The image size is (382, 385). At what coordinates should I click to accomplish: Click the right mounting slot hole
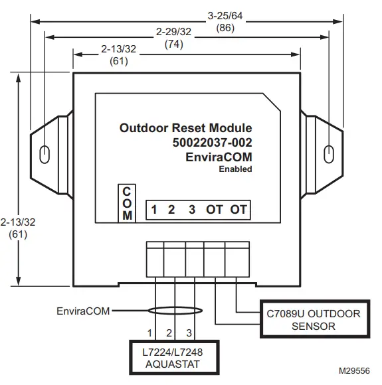(x=326, y=154)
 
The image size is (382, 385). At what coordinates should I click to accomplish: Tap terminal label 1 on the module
(x=153, y=210)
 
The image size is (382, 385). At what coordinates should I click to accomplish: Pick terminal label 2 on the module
(x=171, y=210)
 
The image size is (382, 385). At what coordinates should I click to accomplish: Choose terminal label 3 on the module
(x=192, y=210)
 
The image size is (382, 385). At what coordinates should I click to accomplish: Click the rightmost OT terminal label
(x=239, y=210)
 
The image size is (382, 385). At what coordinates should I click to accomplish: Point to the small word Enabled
(x=236, y=169)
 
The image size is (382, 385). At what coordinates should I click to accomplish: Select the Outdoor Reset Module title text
(x=186, y=128)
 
